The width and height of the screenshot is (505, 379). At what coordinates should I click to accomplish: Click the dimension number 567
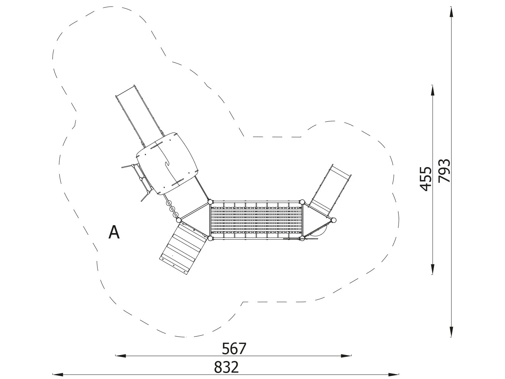pyautogui.click(x=234, y=349)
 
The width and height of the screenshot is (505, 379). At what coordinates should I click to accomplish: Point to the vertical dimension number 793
pyautogui.click(x=444, y=171)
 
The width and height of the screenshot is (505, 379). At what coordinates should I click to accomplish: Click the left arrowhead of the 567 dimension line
pyautogui.click(x=121, y=356)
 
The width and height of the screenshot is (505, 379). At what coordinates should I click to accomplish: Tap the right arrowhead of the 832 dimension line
pyautogui.click(x=393, y=375)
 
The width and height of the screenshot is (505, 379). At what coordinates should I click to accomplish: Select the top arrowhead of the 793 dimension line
pyautogui.click(x=451, y=12)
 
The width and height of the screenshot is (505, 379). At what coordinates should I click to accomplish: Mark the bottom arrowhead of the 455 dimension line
pyautogui.click(x=432, y=269)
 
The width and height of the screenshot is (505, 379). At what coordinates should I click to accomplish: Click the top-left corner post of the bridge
pyautogui.click(x=210, y=202)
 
